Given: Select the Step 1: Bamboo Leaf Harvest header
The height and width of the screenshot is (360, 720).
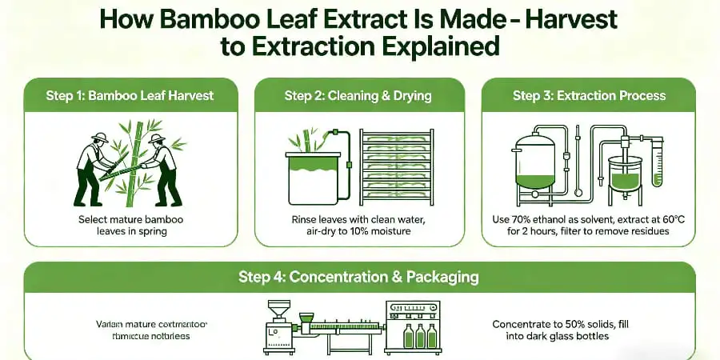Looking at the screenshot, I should tap(130, 95).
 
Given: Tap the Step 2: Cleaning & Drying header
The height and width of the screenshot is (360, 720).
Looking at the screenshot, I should tap(358, 95).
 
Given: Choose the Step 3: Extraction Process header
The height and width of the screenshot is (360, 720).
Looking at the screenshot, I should tap(589, 95).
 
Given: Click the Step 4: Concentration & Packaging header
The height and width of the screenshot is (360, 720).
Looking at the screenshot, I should tap(358, 277).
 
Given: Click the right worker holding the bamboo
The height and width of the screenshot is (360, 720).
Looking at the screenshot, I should tap(165, 167).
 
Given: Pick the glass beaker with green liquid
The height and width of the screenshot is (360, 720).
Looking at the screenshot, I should tap(625, 174).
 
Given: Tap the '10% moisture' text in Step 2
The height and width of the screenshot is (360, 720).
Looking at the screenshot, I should tap(386, 231).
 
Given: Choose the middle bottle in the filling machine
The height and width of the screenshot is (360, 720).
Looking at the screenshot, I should tap(419, 336).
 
